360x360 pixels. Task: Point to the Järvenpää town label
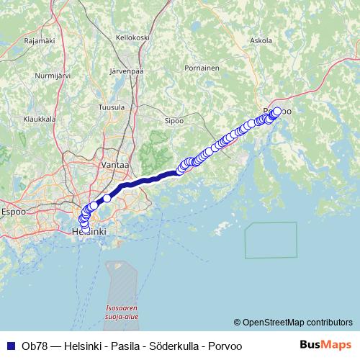point(127,72)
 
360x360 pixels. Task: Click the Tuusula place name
point(111,106)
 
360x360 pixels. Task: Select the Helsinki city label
point(89,232)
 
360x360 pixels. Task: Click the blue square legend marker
point(9,346)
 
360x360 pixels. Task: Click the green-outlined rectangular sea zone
point(270,240)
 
